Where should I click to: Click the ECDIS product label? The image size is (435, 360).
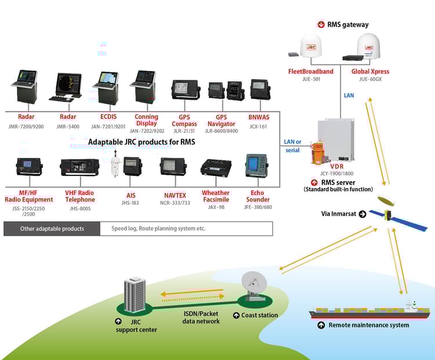(108, 117)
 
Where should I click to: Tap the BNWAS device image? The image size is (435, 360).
(260, 89)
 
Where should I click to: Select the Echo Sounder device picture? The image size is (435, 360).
(257, 166)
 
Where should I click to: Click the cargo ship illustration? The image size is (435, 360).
(369, 311)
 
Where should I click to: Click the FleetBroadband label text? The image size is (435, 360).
(311, 71)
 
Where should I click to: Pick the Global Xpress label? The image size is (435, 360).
(371, 71)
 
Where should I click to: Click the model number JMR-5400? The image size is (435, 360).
(68, 127)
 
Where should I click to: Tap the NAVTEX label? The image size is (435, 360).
(175, 195)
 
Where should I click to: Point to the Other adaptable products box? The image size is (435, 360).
(52, 229)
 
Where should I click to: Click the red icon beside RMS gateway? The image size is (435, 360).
(321, 24)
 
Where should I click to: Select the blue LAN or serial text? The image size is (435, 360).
(292, 146)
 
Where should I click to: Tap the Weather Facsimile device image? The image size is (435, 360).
(216, 168)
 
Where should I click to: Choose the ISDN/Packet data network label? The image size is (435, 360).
(201, 318)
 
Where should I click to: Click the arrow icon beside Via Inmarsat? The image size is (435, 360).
(362, 214)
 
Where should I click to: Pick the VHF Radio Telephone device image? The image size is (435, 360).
(79, 167)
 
